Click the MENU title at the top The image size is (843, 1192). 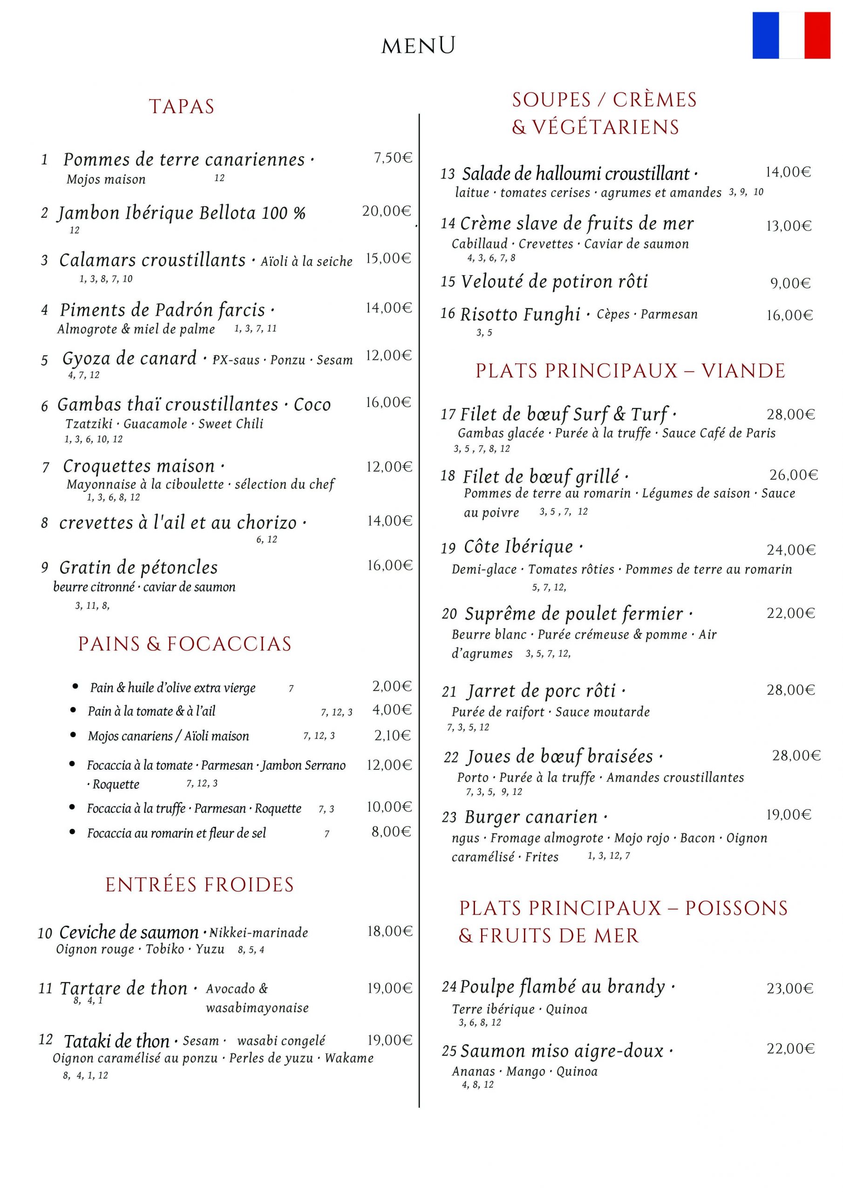tap(418, 46)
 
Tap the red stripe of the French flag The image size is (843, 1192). tap(817, 35)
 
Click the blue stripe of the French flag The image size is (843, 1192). tap(766, 35)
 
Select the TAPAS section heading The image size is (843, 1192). tap(182, 107)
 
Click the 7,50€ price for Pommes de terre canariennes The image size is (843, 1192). tap(393, 158)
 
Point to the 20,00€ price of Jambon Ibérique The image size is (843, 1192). tap(387, 211)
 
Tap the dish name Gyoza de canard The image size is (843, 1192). tap(129, 358)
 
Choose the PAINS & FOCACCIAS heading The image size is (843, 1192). tap(185, 644)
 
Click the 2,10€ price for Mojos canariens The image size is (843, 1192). tap(392, 735)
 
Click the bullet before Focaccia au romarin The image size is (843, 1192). tap(73, 832)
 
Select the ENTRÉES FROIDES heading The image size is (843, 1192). tap(199, 885)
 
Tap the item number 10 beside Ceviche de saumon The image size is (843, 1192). tap(45, 934)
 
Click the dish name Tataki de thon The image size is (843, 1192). tap(116, 1041)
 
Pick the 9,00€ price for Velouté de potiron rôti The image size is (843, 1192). tap(790, 284)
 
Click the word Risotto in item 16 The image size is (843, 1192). tap(491, 315)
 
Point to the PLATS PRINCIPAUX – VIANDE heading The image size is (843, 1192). tap(630, 371)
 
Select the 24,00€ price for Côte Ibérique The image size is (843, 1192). tap(791, 550)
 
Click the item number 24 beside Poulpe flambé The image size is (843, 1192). tap(449, 986)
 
